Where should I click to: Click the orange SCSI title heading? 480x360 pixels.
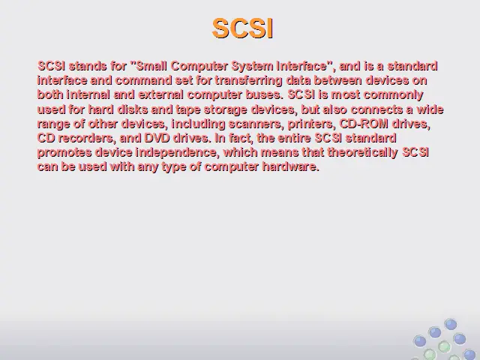tap(242, 28)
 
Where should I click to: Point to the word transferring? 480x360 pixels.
tap(248, 81)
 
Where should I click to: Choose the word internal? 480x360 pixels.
tap(88, 94)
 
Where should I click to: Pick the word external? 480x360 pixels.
tap(160, 94)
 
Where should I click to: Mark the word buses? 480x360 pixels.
tap(265, 94)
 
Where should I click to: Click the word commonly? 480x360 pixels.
tap(393, 95)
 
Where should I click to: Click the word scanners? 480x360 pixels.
tap(255, 124)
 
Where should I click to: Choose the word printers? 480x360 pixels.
tap(310, 124)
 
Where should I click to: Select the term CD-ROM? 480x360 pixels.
tap(364, 124)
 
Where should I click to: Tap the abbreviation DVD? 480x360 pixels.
tap(157, 138)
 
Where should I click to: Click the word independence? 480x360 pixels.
tap(177, 153)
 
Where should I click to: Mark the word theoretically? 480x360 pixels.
tap(363, 153)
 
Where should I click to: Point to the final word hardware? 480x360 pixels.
tap(291, 166)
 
